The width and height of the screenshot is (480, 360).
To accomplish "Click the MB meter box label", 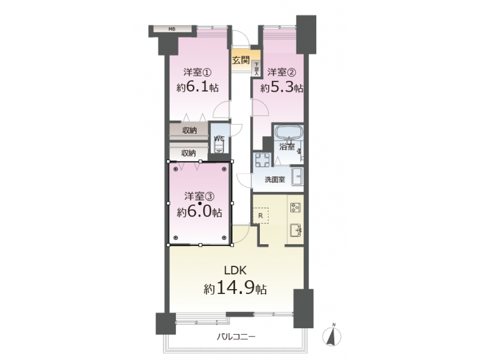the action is [172, 29].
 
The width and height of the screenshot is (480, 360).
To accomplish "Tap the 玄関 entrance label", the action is [241, 61].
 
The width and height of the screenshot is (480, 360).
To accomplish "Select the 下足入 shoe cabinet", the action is [256, 68].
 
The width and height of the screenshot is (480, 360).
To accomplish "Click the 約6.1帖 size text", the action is [198, 87].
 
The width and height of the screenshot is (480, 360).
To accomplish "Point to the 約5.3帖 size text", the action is [282, 88].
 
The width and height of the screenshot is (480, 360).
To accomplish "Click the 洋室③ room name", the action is [199, 196].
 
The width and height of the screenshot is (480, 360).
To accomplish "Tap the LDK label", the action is [235, 271].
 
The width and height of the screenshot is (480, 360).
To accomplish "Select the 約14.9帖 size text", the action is [235, 288].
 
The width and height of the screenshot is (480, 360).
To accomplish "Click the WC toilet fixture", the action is [219, 148].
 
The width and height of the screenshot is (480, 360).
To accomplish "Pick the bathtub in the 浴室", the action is [289, 133].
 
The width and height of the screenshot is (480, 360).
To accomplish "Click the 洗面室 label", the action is [275, 179].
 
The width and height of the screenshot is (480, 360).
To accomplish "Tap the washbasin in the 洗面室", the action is [297, 176].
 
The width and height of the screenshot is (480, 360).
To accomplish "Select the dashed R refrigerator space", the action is [260, 215].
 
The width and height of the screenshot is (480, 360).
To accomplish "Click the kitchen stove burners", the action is [295, 207].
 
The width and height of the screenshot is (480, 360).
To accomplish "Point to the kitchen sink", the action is [296, 230].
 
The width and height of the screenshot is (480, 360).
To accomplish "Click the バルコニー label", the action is [236, 337].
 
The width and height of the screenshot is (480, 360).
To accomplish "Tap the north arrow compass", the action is [332, 335].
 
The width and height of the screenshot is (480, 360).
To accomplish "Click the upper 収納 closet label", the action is [190, 130].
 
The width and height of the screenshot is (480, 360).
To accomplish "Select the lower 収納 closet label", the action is [188, 153].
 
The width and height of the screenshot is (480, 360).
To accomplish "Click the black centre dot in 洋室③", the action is [200, 203].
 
